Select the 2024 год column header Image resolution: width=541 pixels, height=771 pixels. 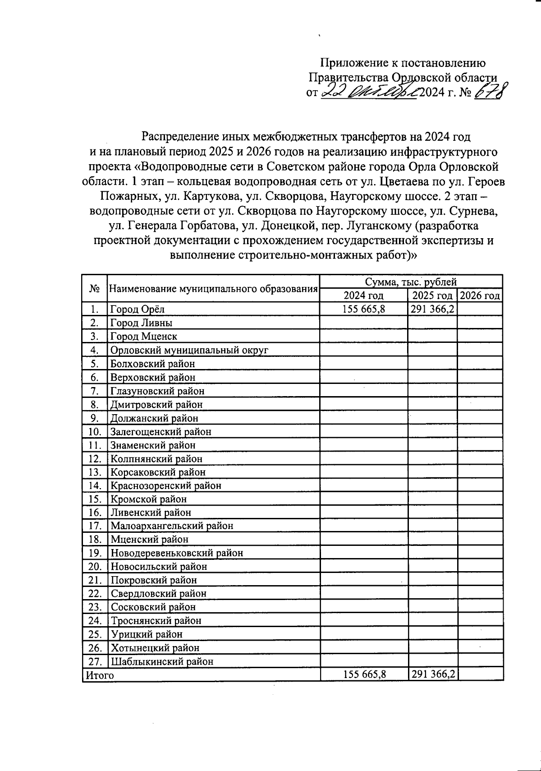click(x=363, y=296)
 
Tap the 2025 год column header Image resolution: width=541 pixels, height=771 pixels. click(x=432, y=296)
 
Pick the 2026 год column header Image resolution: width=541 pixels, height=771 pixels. click(x=480, y=296)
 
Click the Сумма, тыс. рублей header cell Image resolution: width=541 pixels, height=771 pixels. click(x=411, y=282)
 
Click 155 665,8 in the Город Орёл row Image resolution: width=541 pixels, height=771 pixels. click(x=363, y=309)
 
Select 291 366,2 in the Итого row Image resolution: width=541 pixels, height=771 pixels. click(x=432, y=674)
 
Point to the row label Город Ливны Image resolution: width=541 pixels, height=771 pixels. click(x=142, y=323)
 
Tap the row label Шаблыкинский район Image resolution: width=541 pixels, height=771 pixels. click(x=162, y=662)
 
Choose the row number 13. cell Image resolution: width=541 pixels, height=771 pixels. click(x=95, y=472)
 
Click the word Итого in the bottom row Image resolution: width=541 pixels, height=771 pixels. click(x=100, y=675)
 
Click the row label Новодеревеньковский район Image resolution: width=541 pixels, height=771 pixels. click(x=177, y=553)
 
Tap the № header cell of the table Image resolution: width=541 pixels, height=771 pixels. click(x=95, y=289)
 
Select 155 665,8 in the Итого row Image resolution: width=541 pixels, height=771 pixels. click(x=364, y=674)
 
